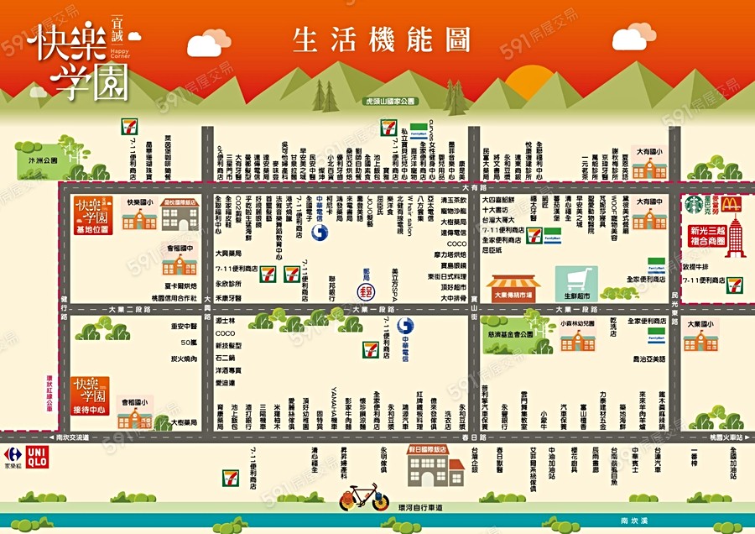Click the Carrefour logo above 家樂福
pyautogui.click(x=13, y=454)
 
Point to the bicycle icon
pyautogui.click(x=364, y=498)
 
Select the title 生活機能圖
pyautogui.click(x=380, y=40)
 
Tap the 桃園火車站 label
pyautogui.click(x=721, y=437)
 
